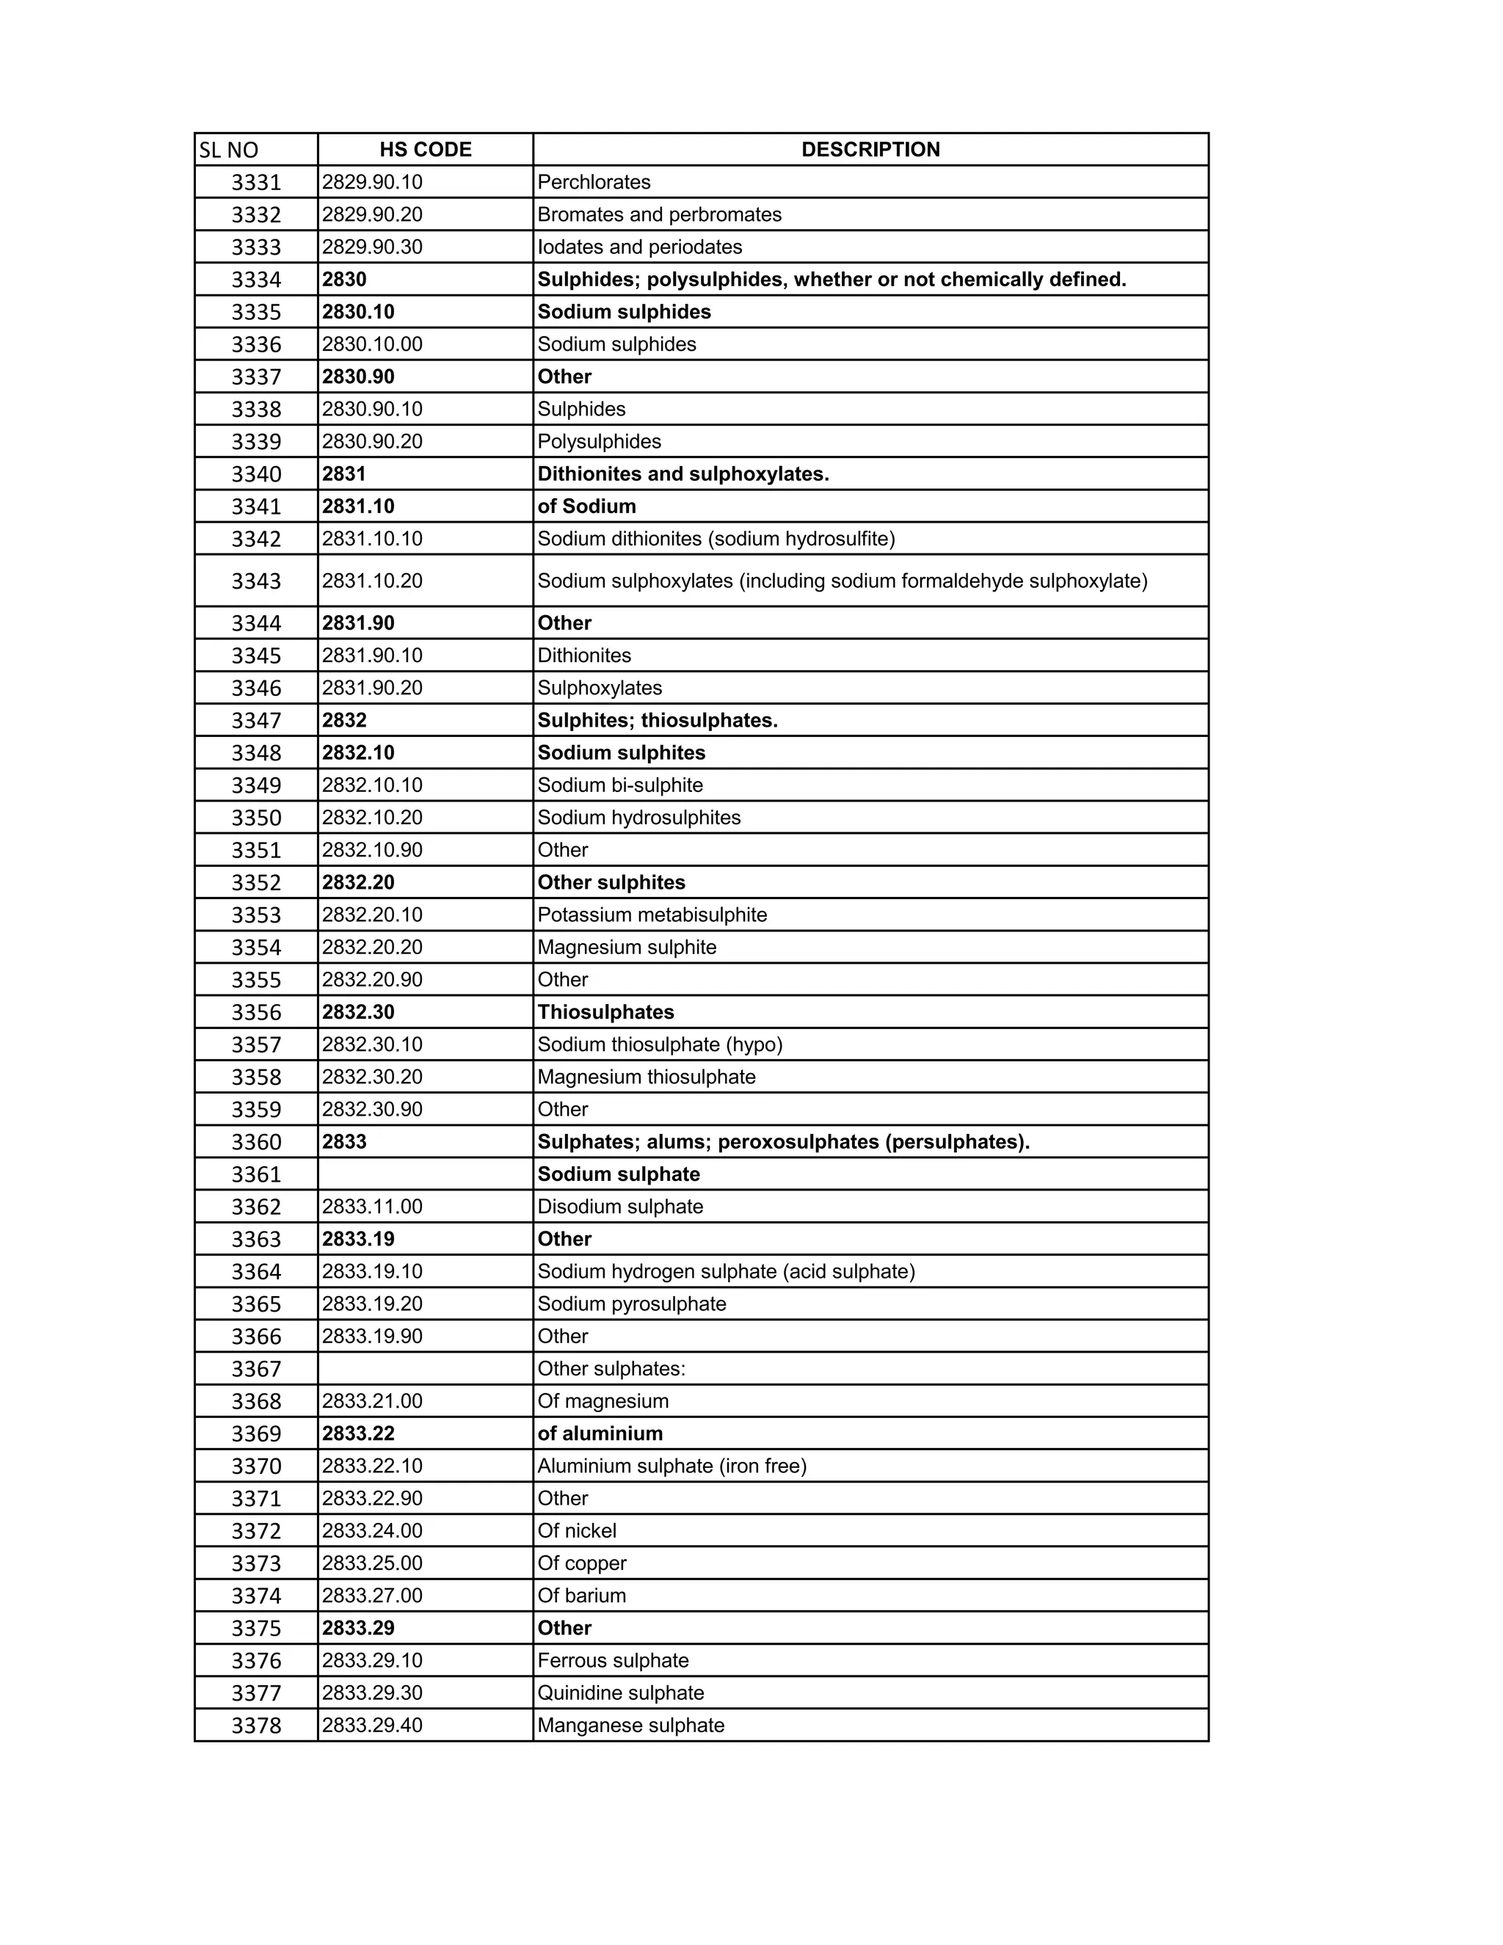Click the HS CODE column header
tap(426, 150)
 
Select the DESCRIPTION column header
tap(870, 150)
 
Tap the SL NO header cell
tap(229, 150)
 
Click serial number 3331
tap(255, 183)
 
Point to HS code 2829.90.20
tap(372, 214)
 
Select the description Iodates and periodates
tap(639, 247)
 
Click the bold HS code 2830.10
tap(358, 312)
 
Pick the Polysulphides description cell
tap(600, 442)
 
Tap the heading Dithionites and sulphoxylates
tap(683, 474)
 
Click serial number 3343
tap(255, 581)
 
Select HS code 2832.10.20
tap(372, 818)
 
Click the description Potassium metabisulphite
tap(652, 915)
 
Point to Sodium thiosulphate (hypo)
tap(660, 1044)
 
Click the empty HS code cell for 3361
tap(425, 1174)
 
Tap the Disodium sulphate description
tap(619, 1207)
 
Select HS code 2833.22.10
tap(372, 1466)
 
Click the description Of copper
tap(581, 1563)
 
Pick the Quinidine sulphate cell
tap(621, 1693)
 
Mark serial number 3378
tap(255, 1726)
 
